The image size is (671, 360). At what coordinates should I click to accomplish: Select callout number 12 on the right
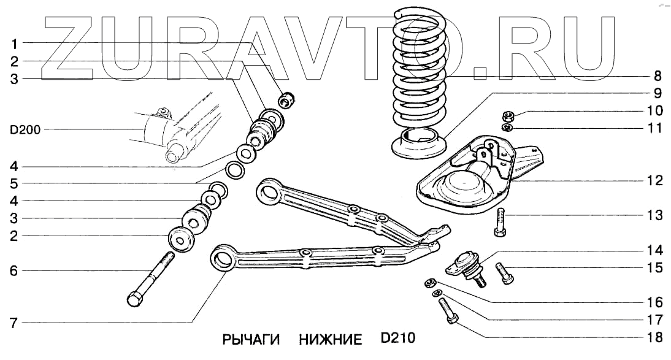click(654, 181)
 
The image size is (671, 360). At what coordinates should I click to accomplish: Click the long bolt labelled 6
click(151, 278)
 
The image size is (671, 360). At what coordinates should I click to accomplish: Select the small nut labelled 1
click(287, 98)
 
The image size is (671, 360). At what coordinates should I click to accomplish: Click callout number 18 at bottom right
click(653, 337)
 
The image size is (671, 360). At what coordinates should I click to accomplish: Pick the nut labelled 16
click(430, 283)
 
